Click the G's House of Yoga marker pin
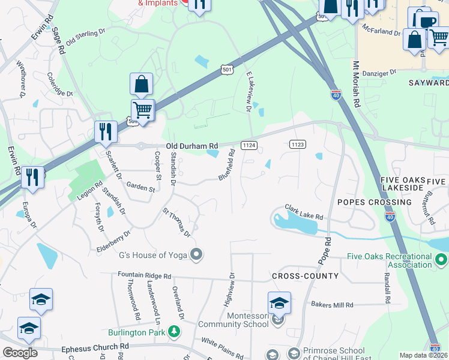[196, 255]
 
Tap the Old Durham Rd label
[191, 146]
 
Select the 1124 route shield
[249, 145]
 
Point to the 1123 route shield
[297, 144]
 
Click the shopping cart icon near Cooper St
[142, 110]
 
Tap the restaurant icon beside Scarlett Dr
[106, 132]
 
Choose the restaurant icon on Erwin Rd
[32, 178]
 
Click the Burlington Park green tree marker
[173, 331]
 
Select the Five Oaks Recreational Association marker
[441, 260]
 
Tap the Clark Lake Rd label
[304, 211]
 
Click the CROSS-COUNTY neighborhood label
[305, 276]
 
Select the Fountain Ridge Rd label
[145, 276]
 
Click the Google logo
[20, 352]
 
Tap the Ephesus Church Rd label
[95, 347]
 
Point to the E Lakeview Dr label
[249, 90]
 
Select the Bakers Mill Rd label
[332, 305]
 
